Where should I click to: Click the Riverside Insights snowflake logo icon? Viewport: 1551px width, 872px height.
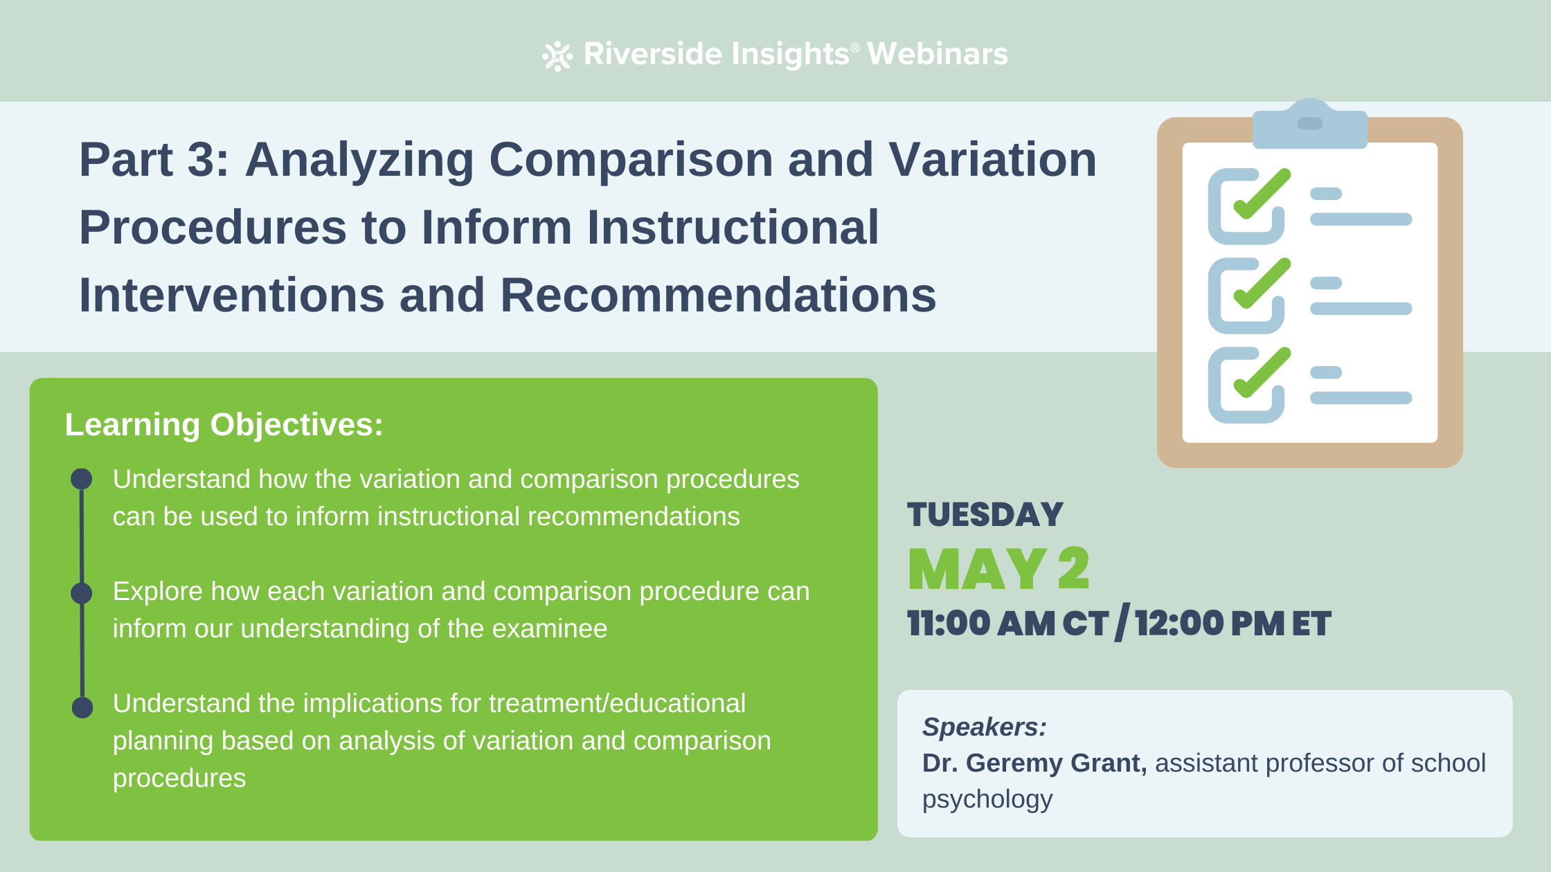[557, 56]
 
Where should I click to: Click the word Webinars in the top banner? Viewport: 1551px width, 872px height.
[937, 54]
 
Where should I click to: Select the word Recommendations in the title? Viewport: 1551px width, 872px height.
[717, 296]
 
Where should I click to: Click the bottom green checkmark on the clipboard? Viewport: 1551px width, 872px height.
[1262, 373]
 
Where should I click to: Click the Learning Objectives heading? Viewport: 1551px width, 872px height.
[224, 424]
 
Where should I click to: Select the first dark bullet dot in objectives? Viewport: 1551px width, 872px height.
[82, 479]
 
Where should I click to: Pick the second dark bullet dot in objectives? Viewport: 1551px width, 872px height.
[82, 593]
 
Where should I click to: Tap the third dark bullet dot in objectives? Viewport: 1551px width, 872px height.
[82, 707]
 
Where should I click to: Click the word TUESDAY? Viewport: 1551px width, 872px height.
[985, 515]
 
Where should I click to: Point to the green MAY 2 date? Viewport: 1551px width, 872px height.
[998, 570]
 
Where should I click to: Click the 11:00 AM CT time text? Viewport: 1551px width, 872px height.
[1007, 624]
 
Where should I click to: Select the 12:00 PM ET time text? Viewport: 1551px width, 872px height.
[1232, 624]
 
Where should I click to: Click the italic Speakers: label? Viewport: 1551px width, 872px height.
[984, 727]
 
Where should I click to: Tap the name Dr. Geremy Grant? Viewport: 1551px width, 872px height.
[1034, 763]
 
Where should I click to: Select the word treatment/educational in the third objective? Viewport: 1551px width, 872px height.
[617, 704]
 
